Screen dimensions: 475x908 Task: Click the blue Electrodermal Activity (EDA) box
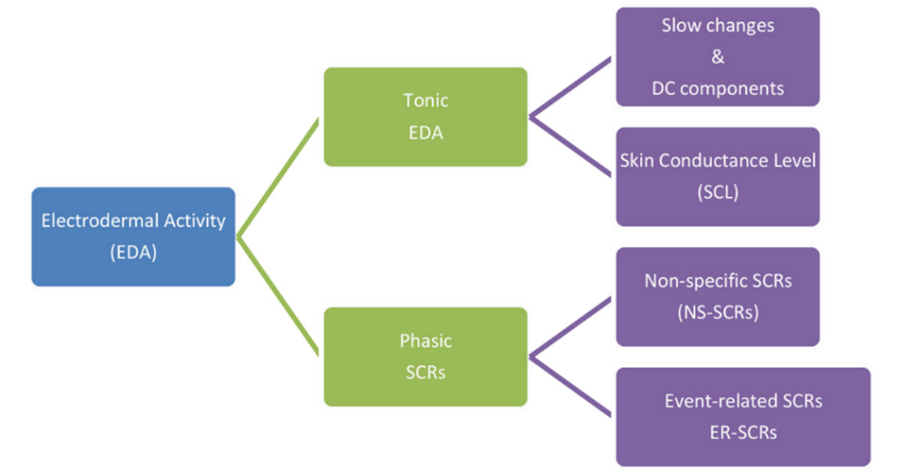[133, 236]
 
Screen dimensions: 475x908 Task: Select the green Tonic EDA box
[425, 117]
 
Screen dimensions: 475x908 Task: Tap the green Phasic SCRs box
[425, 357]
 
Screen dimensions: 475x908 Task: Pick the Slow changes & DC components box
[718, 57]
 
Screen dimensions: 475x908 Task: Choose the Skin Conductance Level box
[718, 177]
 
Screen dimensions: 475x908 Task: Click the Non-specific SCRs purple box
[718, 297]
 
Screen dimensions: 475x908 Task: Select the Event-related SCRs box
[743, 417]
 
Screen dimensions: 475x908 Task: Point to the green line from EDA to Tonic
[278, 177]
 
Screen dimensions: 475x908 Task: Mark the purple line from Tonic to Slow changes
[570, 87]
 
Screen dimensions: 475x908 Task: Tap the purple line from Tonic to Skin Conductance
[570, 147]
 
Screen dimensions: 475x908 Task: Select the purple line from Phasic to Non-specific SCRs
[570, 327]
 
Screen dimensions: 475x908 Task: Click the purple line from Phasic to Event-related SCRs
[570, 387]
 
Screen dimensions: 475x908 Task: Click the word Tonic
[425, 101]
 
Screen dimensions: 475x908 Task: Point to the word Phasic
[425, 341]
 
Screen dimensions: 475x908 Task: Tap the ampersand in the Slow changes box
[718, 57]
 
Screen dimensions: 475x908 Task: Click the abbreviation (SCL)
[718, 192]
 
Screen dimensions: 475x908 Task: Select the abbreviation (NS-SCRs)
[718, 312]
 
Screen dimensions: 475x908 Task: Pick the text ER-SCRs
[743, 432]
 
